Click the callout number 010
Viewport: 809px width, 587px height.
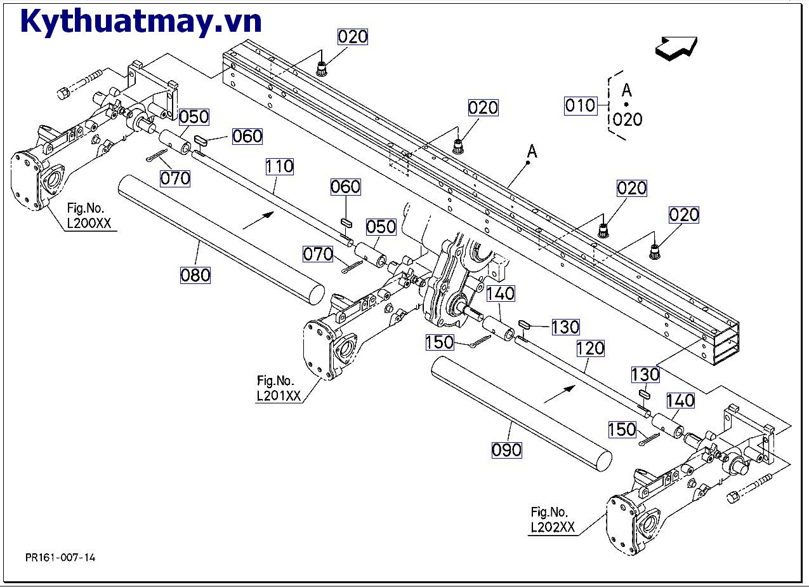point(581,105)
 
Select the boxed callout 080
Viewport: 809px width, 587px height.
point(195,275)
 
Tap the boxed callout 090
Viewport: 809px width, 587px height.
point(507,450)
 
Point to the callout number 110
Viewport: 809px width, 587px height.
point(279,167)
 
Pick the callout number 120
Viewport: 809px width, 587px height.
point(590,349)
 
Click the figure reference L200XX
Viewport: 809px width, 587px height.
point(88,223)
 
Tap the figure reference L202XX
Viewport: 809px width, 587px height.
point(553,527)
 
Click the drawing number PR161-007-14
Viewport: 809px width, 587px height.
point(61,557)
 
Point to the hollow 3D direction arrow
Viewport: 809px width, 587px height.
point(676,48)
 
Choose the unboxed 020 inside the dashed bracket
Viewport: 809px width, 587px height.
point(628,119)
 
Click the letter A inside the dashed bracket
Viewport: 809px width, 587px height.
point(627,90)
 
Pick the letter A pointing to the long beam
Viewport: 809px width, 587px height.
point(532,151)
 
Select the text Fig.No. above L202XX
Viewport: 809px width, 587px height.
point(549,512)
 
